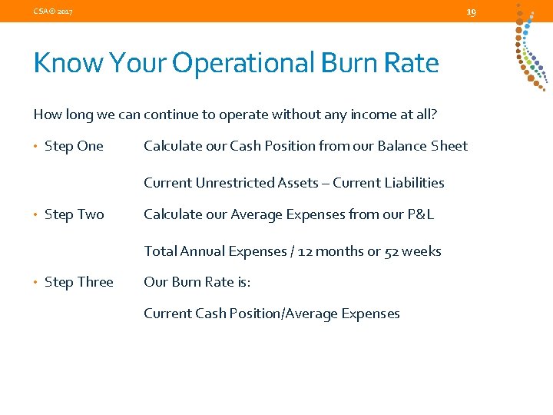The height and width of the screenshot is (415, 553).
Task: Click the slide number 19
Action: [x=472, y=12]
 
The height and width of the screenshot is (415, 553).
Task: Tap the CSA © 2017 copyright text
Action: [x=53, y=12]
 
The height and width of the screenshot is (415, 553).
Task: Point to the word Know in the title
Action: [x=68, y=62]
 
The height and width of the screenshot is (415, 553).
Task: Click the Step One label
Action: [x=74, y=146]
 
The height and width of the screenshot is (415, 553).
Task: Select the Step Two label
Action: [x=74, y=214]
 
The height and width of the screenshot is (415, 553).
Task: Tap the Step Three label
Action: [x=78, y=282]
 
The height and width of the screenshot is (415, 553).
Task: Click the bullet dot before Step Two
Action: [x=36, y=215]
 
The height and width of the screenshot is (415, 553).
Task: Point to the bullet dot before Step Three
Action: [x=36, y=283]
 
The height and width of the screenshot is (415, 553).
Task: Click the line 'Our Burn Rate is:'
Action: [x=197, y=282]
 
